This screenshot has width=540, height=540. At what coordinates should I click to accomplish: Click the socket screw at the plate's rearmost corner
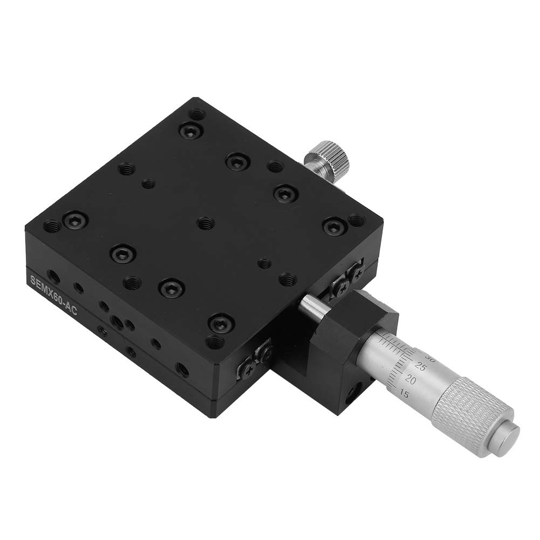point(189,129)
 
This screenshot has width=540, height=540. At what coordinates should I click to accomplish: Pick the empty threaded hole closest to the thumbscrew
point(275,167)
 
